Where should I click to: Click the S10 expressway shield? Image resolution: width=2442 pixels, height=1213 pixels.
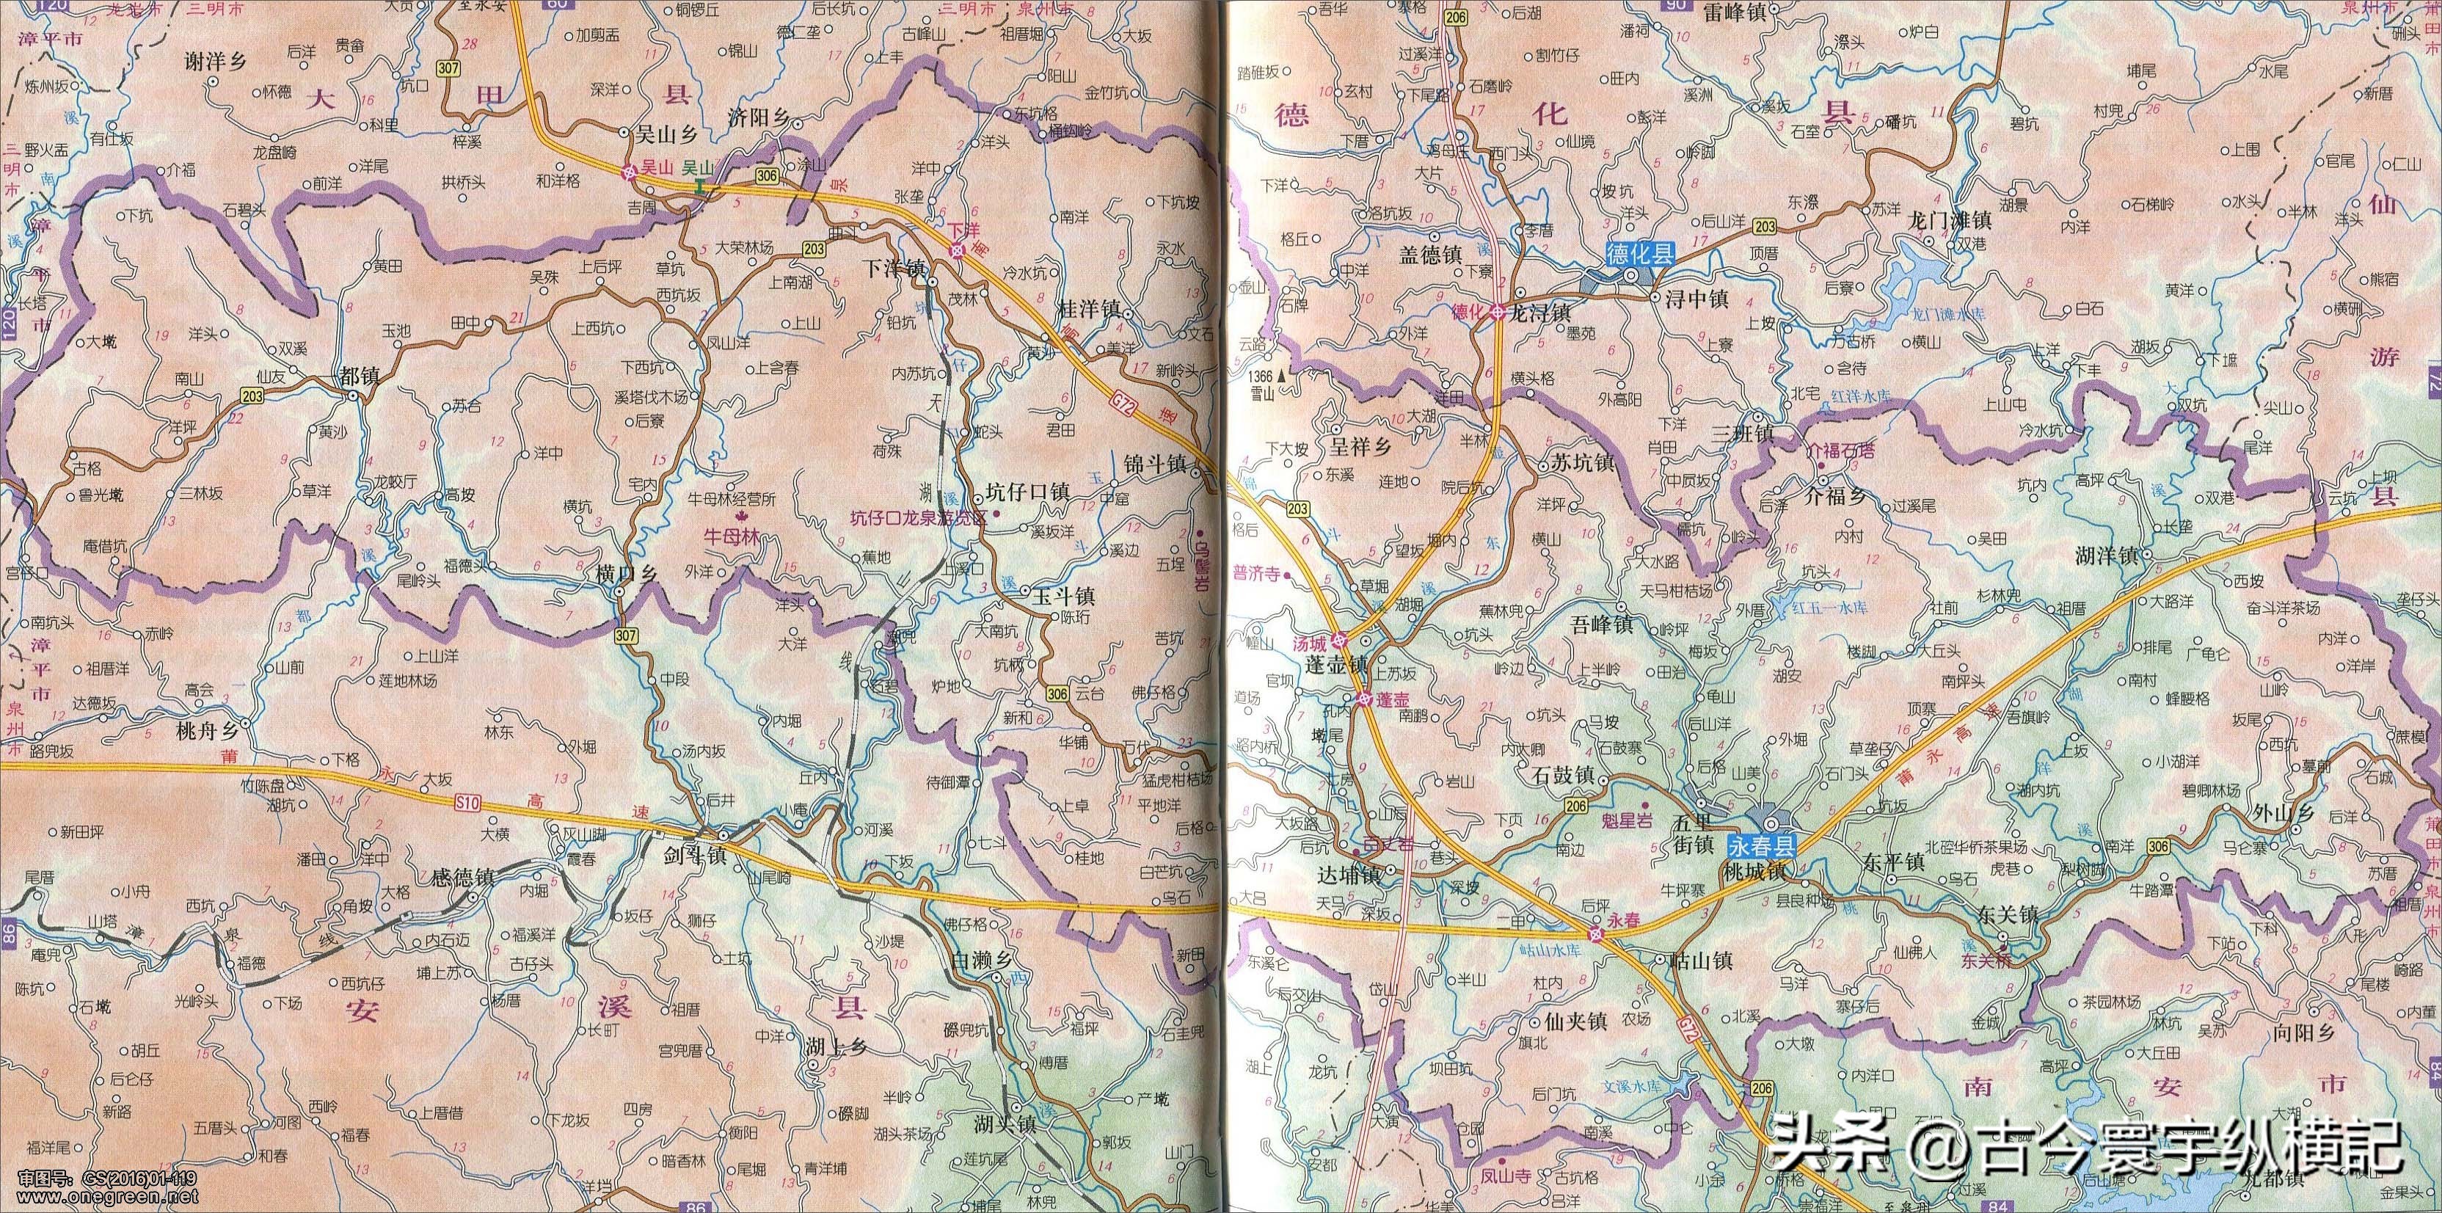tap(467, 804)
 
